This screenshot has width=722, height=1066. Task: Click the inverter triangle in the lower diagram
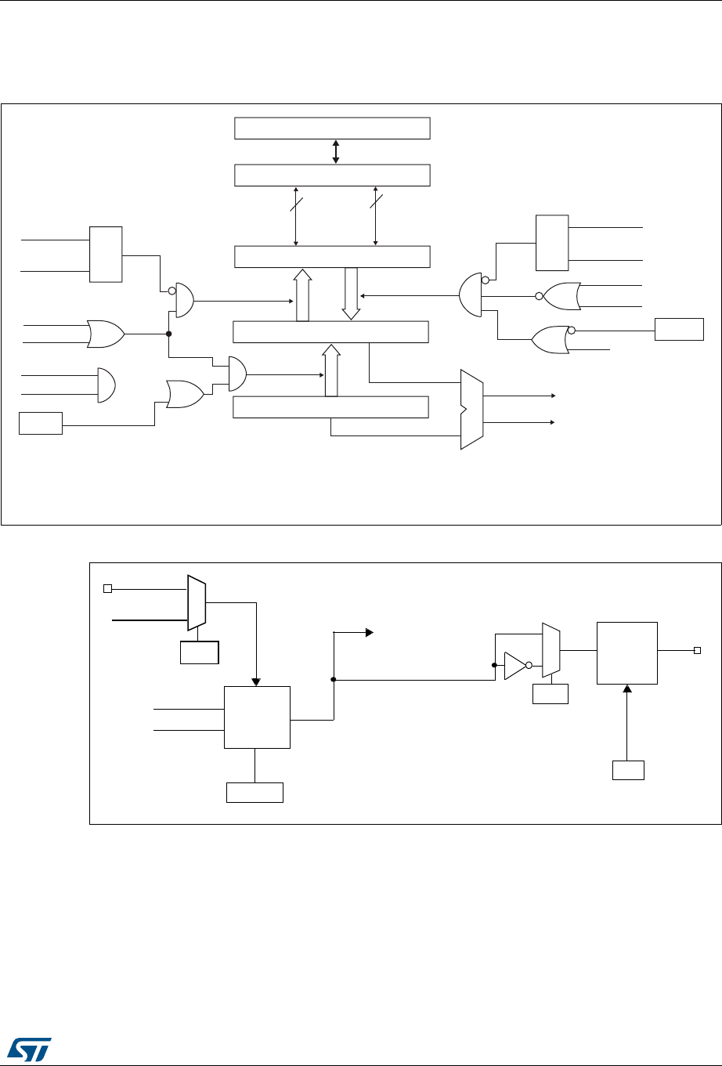tap(514, 665)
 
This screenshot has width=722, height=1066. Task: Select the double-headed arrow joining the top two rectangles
tap(336, 152)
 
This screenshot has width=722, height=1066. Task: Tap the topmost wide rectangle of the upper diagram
tap(332, 128)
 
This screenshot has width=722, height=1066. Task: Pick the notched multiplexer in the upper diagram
tap(472, 409)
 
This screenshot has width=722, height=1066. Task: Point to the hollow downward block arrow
tap(351, 293)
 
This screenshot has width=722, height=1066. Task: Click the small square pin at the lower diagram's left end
tap(108, 588)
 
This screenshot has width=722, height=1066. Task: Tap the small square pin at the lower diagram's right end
tap(696, 650)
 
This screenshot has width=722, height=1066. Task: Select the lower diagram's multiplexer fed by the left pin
tap(197, 602)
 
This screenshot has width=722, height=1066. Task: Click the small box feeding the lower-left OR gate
tap(41, 425)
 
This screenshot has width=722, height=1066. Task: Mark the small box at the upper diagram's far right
tap(679, 329)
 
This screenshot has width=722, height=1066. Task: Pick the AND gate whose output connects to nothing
tap(106, 385)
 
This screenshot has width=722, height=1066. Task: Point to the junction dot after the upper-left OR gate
tap(169, 334)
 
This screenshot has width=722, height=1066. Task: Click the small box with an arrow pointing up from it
tap(628, 769)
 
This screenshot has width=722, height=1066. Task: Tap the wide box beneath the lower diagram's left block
tap(255, 792)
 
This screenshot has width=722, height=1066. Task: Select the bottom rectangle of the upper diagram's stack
tap(332, 407)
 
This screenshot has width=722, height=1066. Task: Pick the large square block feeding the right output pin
tap(626, 652)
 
